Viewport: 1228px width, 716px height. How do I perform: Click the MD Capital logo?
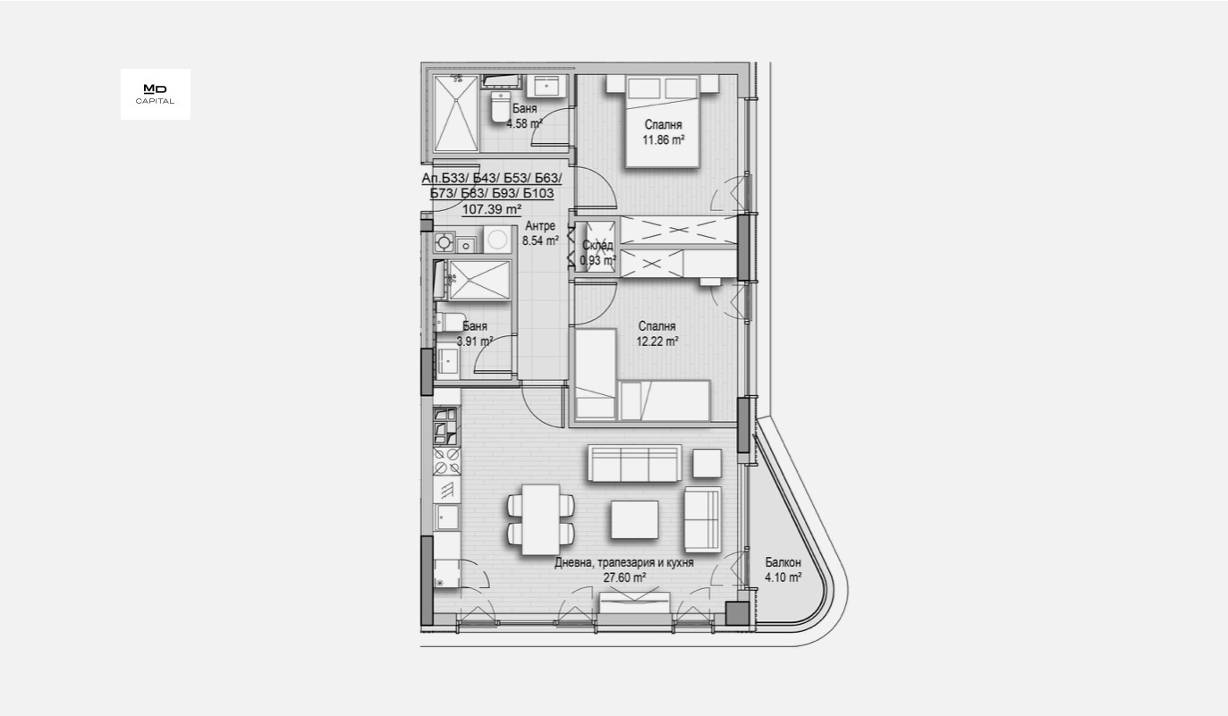click(155, 94)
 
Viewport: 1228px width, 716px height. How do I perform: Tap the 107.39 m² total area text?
click(491, 209)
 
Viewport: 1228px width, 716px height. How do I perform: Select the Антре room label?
click(540, 226)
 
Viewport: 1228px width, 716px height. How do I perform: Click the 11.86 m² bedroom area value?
click(663, 140)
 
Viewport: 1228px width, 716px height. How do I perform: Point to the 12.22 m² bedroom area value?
click(657, 341)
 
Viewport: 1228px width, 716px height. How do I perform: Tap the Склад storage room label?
click(597, 246)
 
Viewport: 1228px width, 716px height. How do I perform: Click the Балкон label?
click(783, 563)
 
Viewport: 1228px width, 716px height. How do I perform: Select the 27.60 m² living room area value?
click(624, 577)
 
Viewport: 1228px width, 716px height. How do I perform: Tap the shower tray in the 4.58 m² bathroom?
click(456, 113)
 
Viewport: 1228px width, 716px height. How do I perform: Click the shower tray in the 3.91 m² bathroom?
click(479, 281)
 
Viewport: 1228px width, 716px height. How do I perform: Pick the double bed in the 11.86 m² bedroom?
click(662, 121)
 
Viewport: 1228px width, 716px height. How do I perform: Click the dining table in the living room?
click(540, 519)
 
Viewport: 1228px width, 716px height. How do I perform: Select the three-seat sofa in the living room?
click(634, 464)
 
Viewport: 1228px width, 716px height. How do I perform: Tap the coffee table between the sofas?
click(634, 519)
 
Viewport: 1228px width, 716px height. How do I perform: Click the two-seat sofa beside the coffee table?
click(702, 519)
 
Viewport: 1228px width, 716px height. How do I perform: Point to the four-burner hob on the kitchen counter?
click(446, 462)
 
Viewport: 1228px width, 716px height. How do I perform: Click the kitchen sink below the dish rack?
click(446, 518)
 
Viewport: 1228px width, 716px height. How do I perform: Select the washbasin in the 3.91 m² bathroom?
click(446, 361)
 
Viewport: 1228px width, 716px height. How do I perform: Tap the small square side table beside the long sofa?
click(707, 462)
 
